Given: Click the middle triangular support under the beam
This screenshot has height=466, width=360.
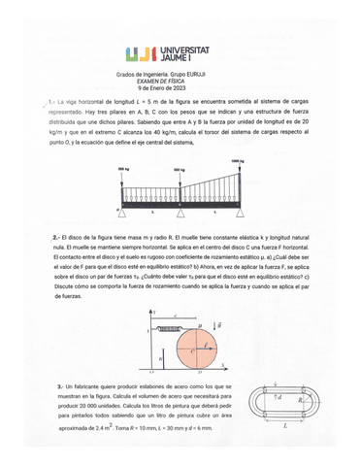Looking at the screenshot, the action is [180, 209].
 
